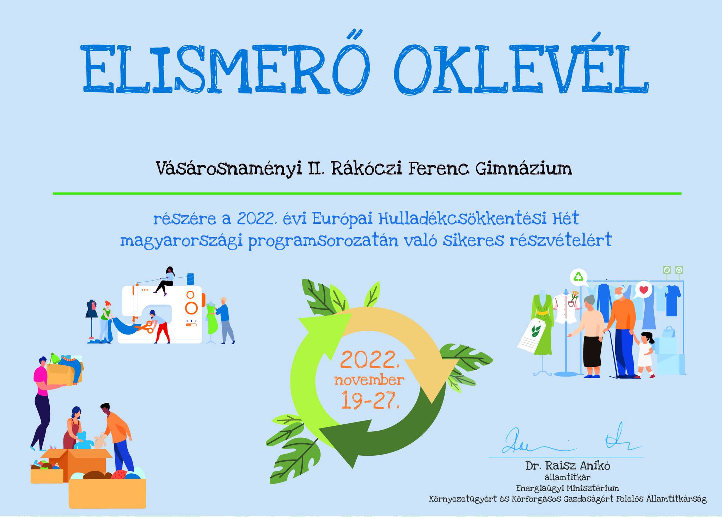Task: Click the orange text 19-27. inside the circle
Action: pos(370,400)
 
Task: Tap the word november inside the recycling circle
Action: pos(369,381)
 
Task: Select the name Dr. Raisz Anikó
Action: pos(568,466)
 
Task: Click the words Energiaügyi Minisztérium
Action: pos(567,488)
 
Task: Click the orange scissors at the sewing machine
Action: pos(144,327)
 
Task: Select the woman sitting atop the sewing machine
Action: pos(166,280)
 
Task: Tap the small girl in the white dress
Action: pos(645,354)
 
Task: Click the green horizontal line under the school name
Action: pos(367,193)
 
